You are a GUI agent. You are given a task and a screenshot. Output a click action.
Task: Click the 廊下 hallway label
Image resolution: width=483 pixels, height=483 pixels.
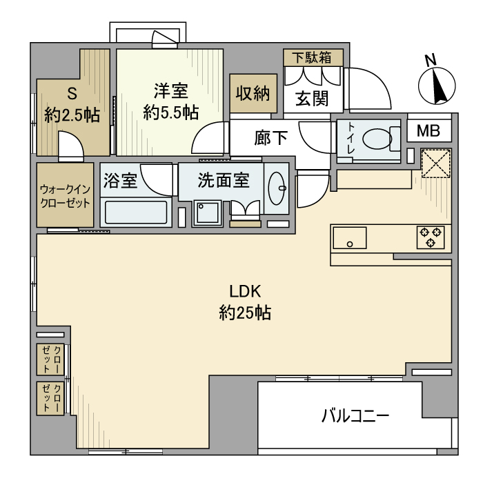point(270,138)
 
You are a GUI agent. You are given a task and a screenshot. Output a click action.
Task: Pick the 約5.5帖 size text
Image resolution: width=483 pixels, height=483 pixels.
point(172,112)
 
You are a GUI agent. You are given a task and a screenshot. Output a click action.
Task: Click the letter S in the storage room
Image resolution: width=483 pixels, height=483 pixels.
point(72,93)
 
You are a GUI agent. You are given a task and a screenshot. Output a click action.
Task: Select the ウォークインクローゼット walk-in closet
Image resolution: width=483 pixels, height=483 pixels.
point(65,196)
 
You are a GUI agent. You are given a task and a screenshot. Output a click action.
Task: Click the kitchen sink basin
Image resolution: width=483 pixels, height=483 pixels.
point(353,237)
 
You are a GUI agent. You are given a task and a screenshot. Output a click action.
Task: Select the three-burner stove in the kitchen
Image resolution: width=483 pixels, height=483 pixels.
point(430,237)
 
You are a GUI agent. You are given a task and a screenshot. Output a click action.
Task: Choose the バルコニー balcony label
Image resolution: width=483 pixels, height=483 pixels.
point(355,416)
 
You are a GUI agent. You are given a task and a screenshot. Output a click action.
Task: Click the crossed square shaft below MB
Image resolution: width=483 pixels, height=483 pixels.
point(436,164)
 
